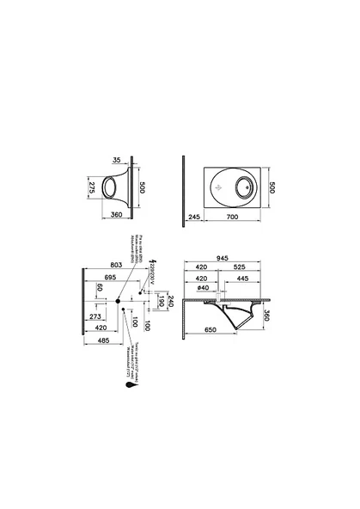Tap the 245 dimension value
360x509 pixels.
[x=194, y=218]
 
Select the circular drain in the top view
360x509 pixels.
[x=238, y=186]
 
